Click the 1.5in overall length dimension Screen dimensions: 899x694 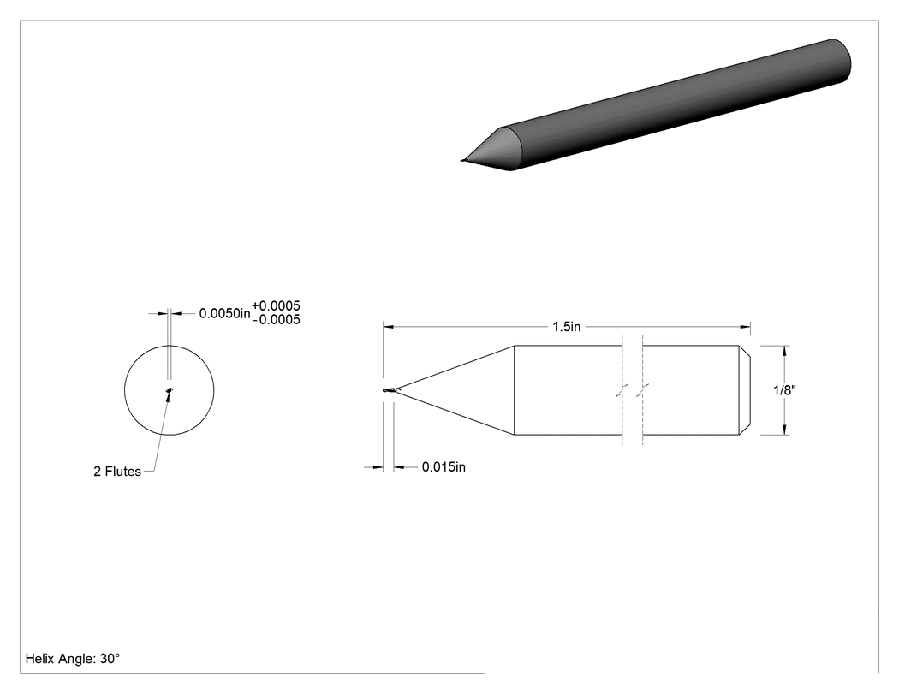(x=567, y=327)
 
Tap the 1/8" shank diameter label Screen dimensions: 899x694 (x=784, y=390)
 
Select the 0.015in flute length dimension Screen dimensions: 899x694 (x=444, y=467)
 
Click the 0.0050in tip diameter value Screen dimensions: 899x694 (x=224, y=313)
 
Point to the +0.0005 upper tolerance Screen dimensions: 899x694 (x=276, y=306)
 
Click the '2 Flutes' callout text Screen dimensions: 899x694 (x=117, y=471)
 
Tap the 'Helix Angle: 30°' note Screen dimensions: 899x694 (x=73, y=659)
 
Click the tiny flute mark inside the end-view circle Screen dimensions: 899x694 (x=170, y=391)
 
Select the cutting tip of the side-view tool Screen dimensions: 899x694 (x=384, y=390)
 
